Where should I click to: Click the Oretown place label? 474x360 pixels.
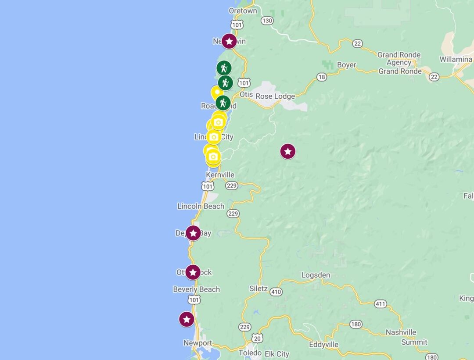[x=243, y=11]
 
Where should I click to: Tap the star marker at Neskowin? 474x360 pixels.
[x=229, y=41]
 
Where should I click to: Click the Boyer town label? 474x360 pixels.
[x=346, y=65]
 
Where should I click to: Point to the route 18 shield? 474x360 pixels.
[x=322, y=77]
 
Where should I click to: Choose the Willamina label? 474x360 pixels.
[x=456, y=59]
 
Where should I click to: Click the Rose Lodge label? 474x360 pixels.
[x=275, y=96]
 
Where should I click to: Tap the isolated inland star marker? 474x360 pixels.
[x=287, y=152]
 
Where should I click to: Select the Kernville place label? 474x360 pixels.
[x=220, y=175]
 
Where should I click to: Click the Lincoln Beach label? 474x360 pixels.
[x=201, y=206]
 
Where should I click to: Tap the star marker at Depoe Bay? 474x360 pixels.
[x=193, y=233]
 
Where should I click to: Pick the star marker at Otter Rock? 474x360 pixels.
[x=193, y=272]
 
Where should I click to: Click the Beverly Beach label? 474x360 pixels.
[x=196, y=289]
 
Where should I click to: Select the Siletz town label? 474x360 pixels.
[x=259, y=289]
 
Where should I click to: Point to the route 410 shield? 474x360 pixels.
[x=276, y=292]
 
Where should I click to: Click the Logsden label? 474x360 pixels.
[x=316, y=275]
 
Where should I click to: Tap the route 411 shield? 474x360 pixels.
[x=380, y=303]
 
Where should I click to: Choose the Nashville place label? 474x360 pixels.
[x=401, y=332]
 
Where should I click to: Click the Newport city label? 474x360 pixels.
[x=197, y=343]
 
